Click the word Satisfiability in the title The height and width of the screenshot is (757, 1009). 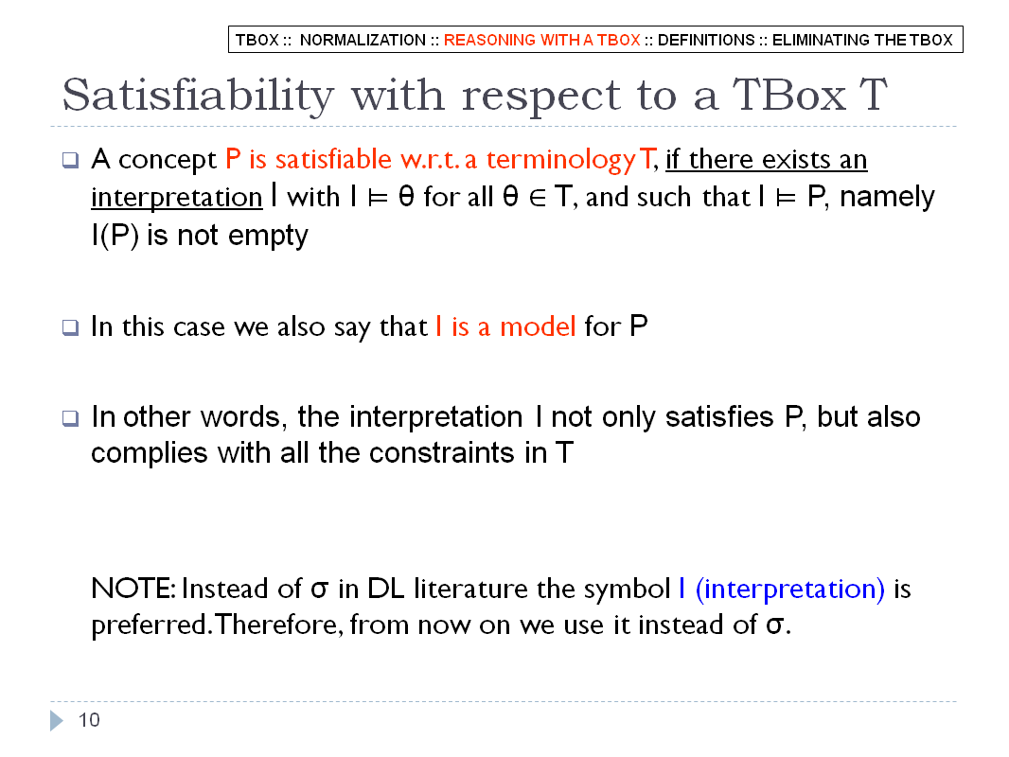pos(198,97)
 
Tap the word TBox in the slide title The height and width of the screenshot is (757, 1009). pos(789,96)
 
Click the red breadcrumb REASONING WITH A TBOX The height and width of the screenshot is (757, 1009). pos(541,40)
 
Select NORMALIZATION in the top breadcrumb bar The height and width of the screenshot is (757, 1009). pos(363,40)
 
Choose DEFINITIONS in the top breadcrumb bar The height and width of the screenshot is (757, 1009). pos(706,40)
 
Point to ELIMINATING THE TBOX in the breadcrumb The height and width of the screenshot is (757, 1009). pos(862,40)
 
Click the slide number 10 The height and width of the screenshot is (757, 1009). pos(89,720)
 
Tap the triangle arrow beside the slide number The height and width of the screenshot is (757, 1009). pos(57,720)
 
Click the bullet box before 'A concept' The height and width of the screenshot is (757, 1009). pos(70,160)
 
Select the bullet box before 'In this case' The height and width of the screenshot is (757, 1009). pos(70,327)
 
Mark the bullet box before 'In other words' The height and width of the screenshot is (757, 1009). pos(70,418)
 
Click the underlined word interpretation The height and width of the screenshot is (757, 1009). pos(177,198)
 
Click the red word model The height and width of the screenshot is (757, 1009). pos(538,326)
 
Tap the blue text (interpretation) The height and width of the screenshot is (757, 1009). pos(790,590)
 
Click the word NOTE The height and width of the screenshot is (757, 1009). pos(133,589)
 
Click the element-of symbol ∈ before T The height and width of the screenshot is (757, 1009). pos(538,198)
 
